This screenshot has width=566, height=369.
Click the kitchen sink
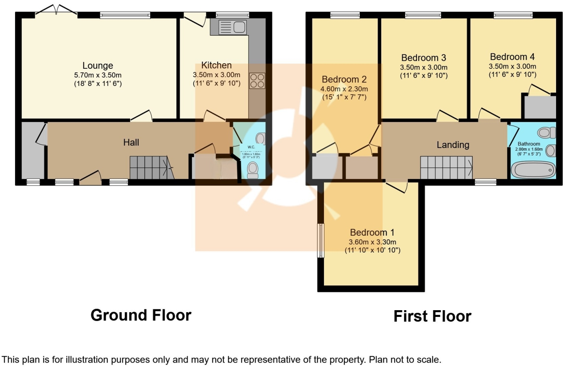coord(233,27)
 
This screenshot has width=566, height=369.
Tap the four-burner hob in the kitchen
coord(257,81)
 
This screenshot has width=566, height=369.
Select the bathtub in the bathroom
coord(533,170)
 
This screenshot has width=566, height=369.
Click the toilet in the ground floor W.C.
coord(253,169)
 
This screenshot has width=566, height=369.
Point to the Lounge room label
coord(98,66)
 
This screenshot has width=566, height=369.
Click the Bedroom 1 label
coord(372,232)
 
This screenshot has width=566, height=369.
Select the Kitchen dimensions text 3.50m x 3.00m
coord(217,75)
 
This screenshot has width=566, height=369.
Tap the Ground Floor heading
coord(141,315)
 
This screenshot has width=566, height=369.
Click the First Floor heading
coord(432,317)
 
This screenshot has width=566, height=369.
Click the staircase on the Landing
coord(446,167)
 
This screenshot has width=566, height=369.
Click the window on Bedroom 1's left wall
coord(320,240)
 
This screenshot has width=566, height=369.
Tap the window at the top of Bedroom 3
coord(423,15)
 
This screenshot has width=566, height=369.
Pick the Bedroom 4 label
coord(512,57)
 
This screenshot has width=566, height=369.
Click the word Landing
coord(453,145)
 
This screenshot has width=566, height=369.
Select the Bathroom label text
coord(529,144)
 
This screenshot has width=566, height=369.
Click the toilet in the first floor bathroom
coord(547,132)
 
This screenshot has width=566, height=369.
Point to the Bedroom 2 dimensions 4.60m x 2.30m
coord(344,89)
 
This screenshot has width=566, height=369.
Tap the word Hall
coord(131,142)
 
